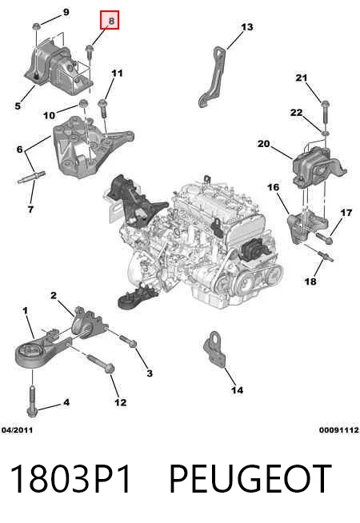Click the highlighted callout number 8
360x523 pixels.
pyautogui.click(x=110, y=20)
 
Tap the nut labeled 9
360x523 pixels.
pyautogui.click(x=36, y=26)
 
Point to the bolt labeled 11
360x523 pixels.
pyautogui.click(x=102, y=107)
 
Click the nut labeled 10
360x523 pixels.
pyautogui.click(x=82, y=103)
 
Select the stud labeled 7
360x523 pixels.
pyautogui.click(x=31, y=177)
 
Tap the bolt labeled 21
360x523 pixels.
pyautogui.click(x=326, y=114)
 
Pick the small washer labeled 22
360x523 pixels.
pyautogui.click(x=326, y=134)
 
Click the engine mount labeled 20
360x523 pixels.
pyautogui.click(x=318, y=169)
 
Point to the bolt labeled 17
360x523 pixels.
pyautogui.click(x=324, y=238)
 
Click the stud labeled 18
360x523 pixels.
pyautogui.click(x=325, y=256)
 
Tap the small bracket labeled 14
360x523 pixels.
pyautogui.click(x=215, y=349)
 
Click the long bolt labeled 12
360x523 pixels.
pyautogui.click(x=101, y=364)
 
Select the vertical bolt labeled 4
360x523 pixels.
pyautogui.click(x=32, y=401)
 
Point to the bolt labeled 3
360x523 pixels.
pyautogui.click(x=128, y=341)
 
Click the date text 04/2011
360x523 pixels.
pyautogui.click(x=18, y=430)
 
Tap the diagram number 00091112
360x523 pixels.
pyautogui.click(x=339, y=430)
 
